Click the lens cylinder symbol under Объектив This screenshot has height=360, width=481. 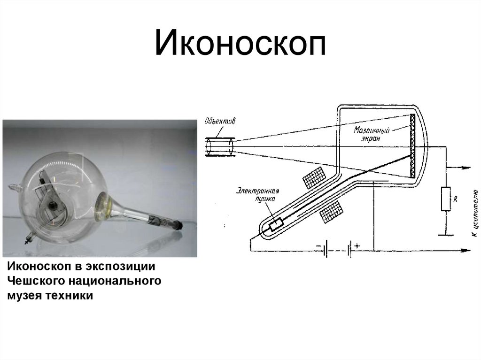coord(220,146)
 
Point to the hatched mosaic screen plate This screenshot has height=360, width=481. coord(413,146)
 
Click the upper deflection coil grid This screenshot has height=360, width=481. coord(314,177)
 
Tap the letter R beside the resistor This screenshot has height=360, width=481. coord(455,199)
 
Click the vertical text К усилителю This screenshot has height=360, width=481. coord(474,214)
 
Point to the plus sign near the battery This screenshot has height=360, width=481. coord(358,245)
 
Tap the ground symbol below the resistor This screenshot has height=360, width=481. coord(445,233)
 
